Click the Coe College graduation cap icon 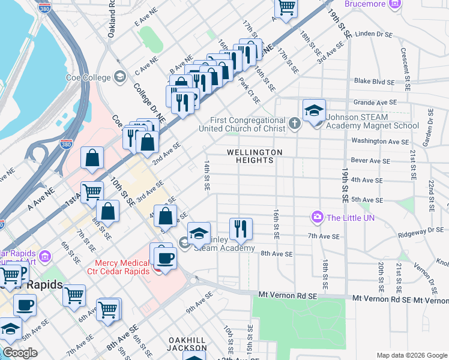click(120, 77)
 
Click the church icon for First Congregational click(294, 124)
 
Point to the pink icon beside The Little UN click(316, 217)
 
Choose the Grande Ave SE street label click(375, 103)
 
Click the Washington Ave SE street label click(379, 142)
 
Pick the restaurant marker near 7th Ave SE click(241, 227)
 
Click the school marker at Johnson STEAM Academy click(314, 110)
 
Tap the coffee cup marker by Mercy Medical click(165, 257)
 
